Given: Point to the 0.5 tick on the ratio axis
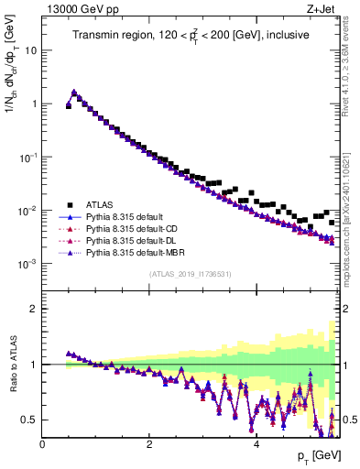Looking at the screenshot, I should (30, 420).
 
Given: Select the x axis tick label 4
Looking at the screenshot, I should (256, 444).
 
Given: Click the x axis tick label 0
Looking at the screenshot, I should (42, 444).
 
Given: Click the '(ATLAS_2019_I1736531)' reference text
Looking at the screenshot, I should (191, 274).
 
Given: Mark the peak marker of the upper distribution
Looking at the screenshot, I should (73, 93).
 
